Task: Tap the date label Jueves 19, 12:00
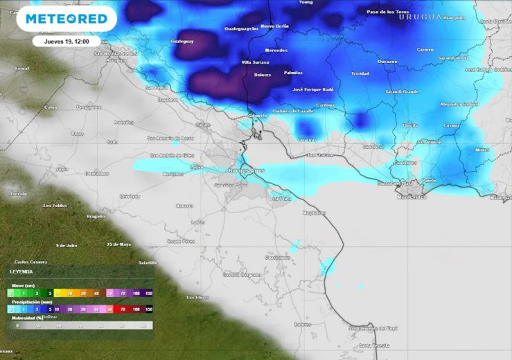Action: (x=67, y=42)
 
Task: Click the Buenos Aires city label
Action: (x=247, y=170)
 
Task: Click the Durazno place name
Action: (x=387, y=62)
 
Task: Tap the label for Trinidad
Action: (x=360, y=73)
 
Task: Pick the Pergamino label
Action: (x=89, y=107)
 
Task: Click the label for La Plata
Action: (x=281, y=198)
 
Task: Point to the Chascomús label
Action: (x=276, y=258)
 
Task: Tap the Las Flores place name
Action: (x=197, y=297)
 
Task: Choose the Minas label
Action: (x=482, y=150)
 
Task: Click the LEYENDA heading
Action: (x=21, y=272)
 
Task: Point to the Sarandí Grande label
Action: (x=402, y=91)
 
